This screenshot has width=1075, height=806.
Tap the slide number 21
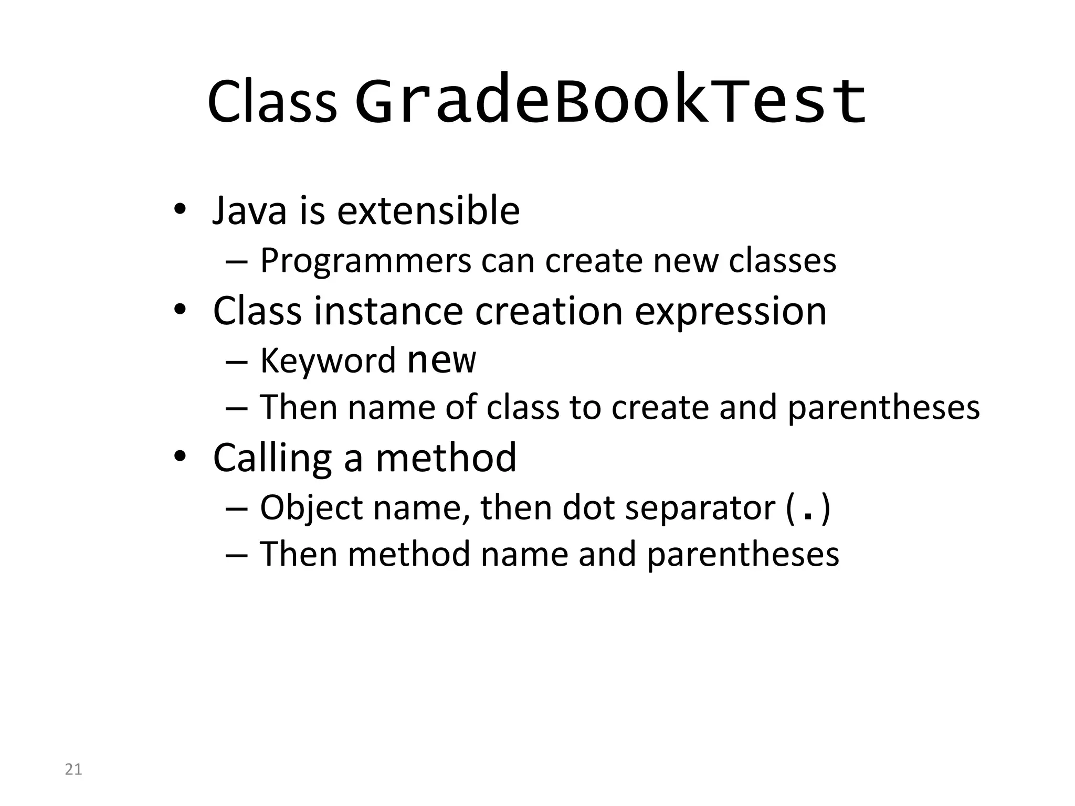73,769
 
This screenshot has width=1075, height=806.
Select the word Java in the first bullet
249,210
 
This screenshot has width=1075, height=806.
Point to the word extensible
428,210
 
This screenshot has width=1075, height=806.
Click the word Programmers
365,261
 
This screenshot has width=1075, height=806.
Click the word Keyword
328,360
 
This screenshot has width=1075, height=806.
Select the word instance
388,311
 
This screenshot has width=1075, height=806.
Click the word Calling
272,458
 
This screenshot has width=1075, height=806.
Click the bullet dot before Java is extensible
180,210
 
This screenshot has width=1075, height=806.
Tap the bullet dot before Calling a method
180,457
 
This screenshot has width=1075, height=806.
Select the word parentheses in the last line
743,555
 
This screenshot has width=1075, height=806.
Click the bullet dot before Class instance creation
180,310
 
